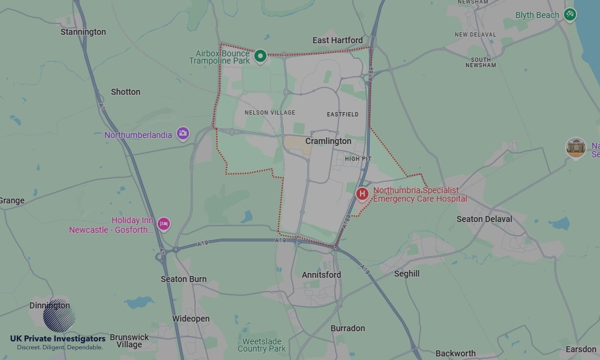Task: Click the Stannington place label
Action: click(x=83, y=32)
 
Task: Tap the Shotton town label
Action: click(x=125, y=92)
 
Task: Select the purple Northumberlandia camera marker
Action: click(x=183, y=134)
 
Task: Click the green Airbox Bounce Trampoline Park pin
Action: click(x=260, y=56)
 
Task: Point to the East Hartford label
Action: click(x=338, y=40)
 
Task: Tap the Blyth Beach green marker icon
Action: click(x=570, y=14)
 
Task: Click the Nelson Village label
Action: click(x=270, y=112)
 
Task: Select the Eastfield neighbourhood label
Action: click(x=343, y=114)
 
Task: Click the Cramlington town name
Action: click(x=328, y=141)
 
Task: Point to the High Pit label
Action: click(x=358, y=159)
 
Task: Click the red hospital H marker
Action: click(x=362, y=194)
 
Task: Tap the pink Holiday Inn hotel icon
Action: click(x=163, y=224)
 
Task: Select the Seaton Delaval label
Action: click(x=484, y=219)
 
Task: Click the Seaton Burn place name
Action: click(x=184, y=279)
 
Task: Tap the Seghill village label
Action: click(x=407, y=274)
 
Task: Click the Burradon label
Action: click(x=347, y=328)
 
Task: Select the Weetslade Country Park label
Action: click(x=262, y=345)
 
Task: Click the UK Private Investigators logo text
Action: click(x=58, y=339)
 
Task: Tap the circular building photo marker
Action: click(x=576, y=148)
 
